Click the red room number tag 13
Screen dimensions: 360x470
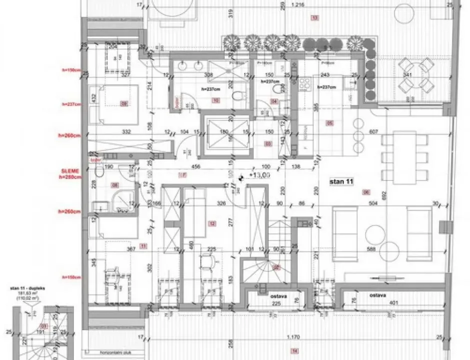pos(314,18)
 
